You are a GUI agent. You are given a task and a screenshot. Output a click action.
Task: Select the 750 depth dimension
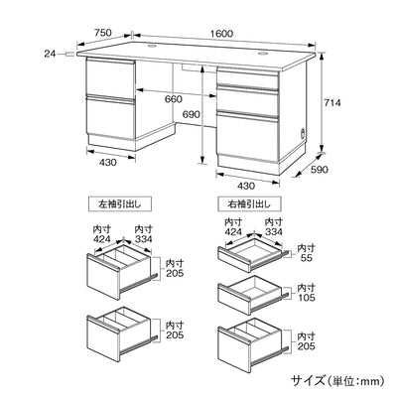(102, 33)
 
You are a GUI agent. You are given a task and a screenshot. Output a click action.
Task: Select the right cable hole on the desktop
(266, 52)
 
